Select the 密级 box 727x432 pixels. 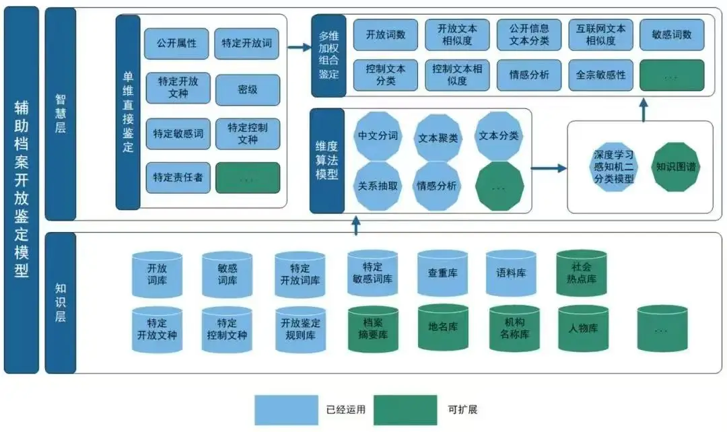point(248,89)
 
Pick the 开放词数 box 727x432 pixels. point(386,35)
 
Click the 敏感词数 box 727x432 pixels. point(672,35)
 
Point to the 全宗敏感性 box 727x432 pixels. point(601,75)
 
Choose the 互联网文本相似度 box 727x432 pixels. point(601,35)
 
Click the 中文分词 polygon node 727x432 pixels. point(378,136)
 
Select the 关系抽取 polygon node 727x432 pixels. point(378,186)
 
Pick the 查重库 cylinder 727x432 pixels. point(442,274)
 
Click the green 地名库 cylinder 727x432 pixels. point(442,328)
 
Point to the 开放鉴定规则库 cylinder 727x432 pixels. point(300,329)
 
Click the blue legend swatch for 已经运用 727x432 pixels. point(285,409)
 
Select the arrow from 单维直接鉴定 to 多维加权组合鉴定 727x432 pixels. point(296,48)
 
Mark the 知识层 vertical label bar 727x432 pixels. point(60,303)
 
